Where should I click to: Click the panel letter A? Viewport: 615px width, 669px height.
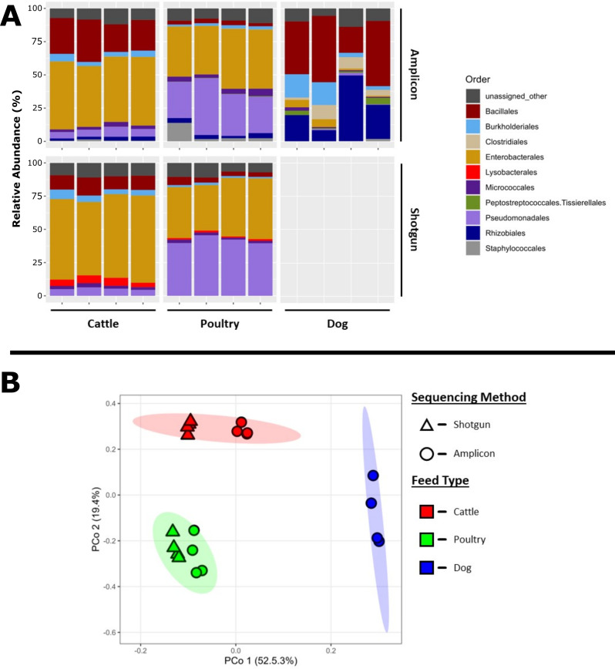[x=12, y=17]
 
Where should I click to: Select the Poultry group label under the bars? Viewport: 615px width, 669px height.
[x=217, y=324]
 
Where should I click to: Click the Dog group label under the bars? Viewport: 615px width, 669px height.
[x=337, y=324]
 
